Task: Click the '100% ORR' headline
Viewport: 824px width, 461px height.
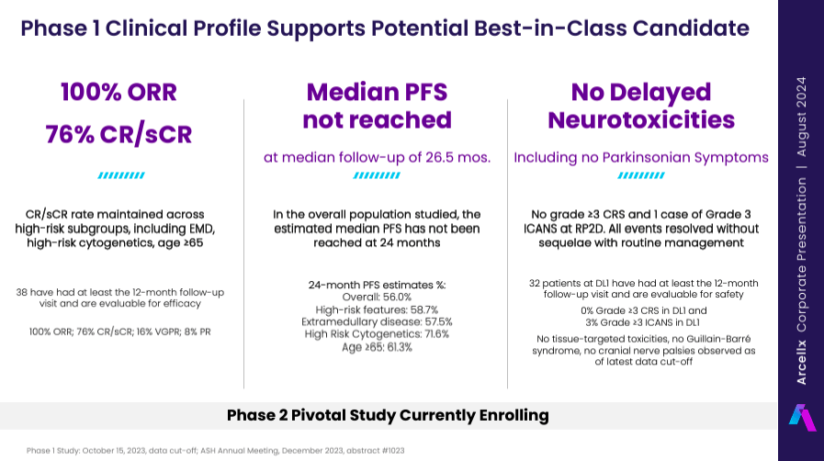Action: tap(119, 93)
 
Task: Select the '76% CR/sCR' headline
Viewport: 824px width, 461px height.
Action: tap(119, 134)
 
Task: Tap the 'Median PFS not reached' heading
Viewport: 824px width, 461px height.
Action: tap(378, 106)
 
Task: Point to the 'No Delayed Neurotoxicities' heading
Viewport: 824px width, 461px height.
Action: tap(641, 106)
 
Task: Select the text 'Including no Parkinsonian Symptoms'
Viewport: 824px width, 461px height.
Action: tap(641, 157)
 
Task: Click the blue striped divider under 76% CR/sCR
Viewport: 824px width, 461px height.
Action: tap(119, 174)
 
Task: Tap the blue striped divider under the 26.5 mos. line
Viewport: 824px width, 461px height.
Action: tap(378, 174)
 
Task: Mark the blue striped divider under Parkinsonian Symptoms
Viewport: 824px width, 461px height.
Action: tap(641, 174)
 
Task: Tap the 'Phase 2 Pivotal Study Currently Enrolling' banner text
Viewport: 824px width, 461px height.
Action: tap(388, 415)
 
